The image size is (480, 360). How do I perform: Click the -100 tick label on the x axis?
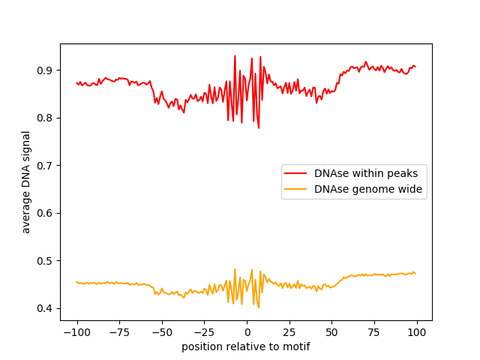coord(76,332)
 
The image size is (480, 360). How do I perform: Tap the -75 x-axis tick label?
coord(119,332)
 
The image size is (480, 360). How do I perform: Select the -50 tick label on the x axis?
coord(162,332)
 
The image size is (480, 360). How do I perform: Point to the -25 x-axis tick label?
coord(204,332)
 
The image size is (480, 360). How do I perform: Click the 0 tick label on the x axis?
coord(247,332)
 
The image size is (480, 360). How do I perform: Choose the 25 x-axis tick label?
coord(289,332)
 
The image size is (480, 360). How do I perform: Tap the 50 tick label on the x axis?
coord(332,332)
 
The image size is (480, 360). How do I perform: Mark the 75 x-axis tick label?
coord(375,332)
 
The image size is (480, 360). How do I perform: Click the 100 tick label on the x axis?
coord(417,332)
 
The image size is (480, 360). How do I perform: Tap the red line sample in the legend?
coord(297,173)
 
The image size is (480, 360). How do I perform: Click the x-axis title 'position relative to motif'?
coord(246,346)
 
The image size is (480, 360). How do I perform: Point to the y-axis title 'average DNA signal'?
coord(26,182)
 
